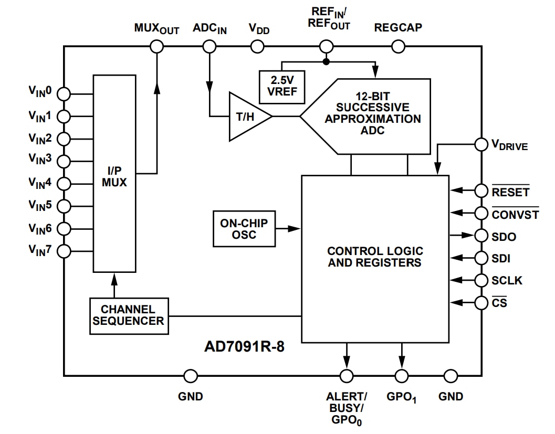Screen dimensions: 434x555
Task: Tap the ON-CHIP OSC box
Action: tap(244, 229)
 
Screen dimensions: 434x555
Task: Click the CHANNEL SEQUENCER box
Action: tap(129, 316)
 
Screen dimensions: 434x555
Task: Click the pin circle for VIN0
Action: tap(64, 94)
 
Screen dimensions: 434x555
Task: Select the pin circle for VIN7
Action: tap(64, 251)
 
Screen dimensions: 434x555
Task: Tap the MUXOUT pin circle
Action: tap(156, 47)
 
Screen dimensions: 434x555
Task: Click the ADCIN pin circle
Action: tap(210, 47)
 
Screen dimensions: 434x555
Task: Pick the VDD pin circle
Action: tap(258, 47)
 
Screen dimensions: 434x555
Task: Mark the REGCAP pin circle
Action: tap(398, 47)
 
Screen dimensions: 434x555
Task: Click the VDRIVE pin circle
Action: tap(481, 144)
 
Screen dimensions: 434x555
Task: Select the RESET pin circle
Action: tap(481, 190)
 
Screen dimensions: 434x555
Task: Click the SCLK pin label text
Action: tap(507, 280)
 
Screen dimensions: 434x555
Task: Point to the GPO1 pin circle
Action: tap(402, 376)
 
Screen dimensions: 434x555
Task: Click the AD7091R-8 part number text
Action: tap(244, 347)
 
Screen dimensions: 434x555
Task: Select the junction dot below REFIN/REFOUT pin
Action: tap(326, 62)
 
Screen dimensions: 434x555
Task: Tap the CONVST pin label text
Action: tap(515, 215)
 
